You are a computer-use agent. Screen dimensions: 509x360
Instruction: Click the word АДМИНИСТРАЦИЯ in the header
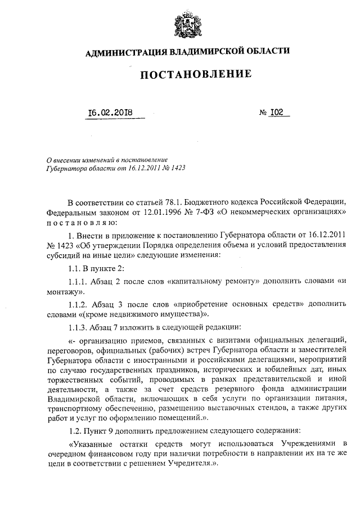[124, 53]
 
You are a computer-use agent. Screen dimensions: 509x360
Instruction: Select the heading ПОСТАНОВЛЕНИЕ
[187, 75]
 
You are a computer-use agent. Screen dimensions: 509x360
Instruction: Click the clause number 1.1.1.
[78, 281]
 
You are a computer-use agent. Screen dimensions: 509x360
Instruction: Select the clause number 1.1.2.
[78, 304]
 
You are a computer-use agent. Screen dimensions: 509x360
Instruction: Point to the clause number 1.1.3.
[78, 327]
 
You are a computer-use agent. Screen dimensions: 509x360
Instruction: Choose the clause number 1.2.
[74, 430]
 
